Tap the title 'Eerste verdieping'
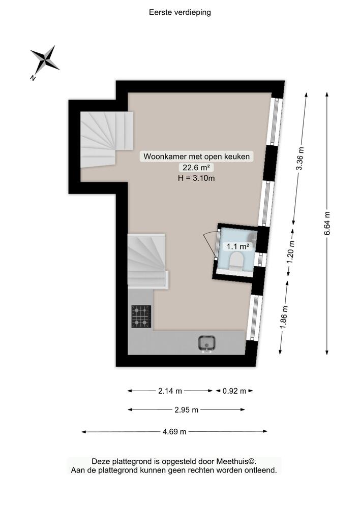(x=180, y=12)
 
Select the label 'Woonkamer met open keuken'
(x=197, y=156)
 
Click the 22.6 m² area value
(x=196, y=168)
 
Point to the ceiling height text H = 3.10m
(x=196, y=178)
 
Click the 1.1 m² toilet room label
(x=238, y=246)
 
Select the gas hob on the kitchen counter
(x=141, y=316)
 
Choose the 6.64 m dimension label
(x=327, y=224)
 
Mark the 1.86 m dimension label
(x=284, y=317)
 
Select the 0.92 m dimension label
(x=234, y=391)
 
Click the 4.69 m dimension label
(x=174, y=431)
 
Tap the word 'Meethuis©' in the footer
(x=236, y=461)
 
